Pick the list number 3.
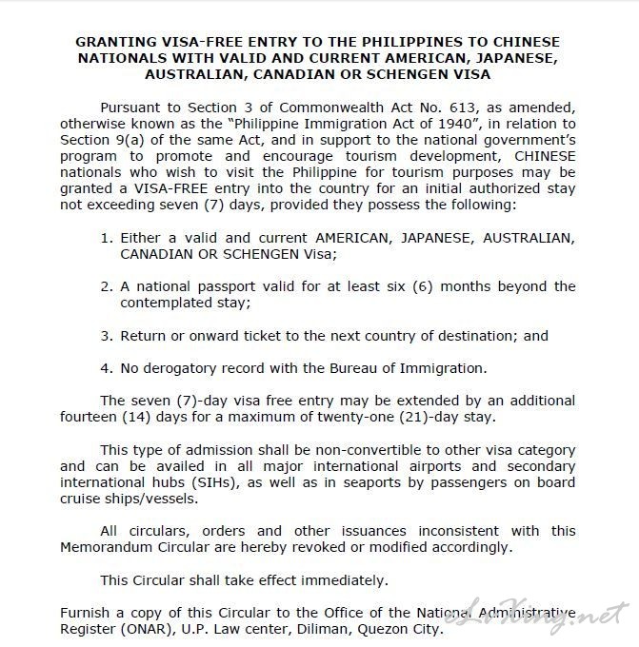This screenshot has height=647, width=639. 107,336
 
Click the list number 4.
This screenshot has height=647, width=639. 107,367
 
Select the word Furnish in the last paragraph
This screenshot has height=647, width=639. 85,613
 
